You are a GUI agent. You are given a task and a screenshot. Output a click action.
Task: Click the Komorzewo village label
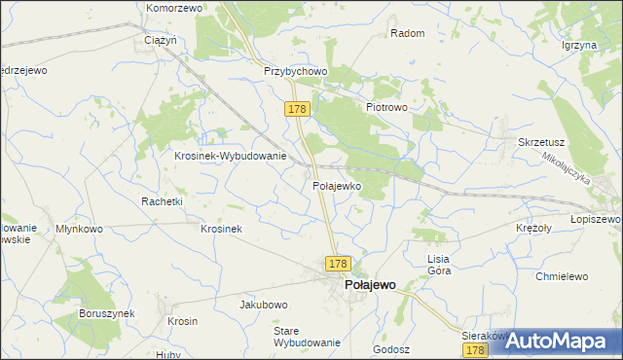[173, 8]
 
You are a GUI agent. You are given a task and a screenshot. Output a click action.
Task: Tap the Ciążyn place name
[160, 41]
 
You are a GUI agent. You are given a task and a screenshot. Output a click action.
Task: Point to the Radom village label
[407, 33]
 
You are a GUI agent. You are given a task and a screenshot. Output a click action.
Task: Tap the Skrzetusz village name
[541, 142]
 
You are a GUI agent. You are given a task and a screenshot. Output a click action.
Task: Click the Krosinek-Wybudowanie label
[230, 156]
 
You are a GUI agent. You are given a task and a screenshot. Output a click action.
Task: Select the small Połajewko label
[337, 185]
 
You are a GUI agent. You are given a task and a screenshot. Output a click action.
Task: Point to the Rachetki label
[162, 200]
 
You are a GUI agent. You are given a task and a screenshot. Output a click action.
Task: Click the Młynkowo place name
[79, 229]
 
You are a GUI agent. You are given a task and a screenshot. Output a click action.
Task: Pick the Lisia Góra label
[439, 265]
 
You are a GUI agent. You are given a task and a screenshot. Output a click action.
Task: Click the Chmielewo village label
[562, 276]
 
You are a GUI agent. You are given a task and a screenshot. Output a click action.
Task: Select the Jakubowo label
[265, 305]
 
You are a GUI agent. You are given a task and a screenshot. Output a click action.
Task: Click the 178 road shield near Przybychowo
[298, 110]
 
